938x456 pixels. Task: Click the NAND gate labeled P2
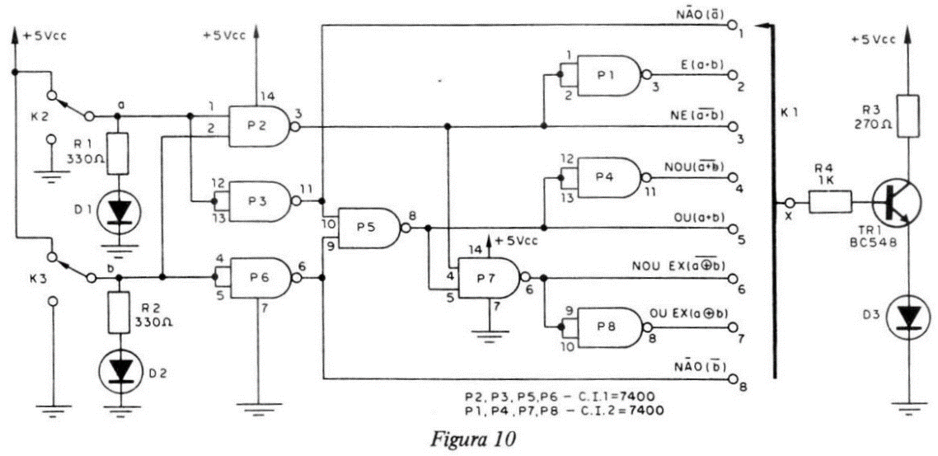[260, 127]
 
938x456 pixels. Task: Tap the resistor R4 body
[830, 202]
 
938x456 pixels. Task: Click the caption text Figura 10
[471, 440]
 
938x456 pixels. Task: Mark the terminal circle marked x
[790, 202]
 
